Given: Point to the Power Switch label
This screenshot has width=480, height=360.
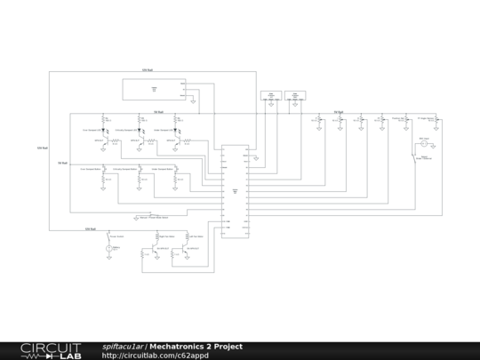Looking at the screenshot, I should point(116,236).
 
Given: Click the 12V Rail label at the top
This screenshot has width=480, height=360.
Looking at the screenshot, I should point(148,69).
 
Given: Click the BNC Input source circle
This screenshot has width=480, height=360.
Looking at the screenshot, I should point(424,144).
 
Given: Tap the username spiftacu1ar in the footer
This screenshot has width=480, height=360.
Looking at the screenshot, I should point(123,347).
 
